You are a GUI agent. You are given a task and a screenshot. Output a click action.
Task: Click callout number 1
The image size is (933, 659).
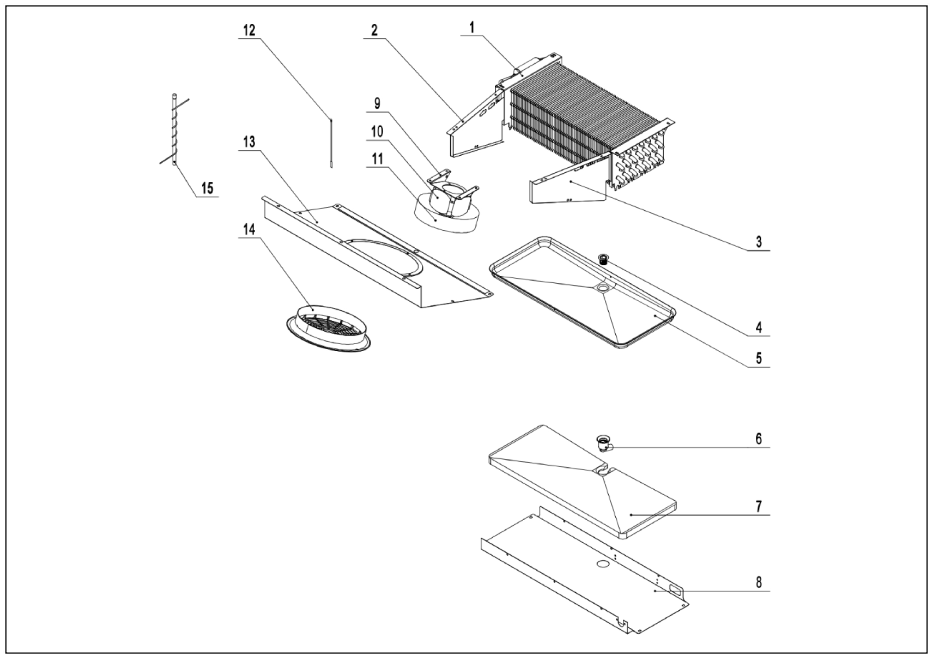tap(472, 28)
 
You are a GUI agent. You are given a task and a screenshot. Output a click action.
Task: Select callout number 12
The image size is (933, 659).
tap(249, 30)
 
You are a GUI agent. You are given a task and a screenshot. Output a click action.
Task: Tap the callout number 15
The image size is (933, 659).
tap(207, 188)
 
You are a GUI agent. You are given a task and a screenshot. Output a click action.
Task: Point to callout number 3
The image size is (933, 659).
tap(758, 242)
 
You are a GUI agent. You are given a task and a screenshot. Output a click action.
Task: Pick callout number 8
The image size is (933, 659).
tap(758, 582)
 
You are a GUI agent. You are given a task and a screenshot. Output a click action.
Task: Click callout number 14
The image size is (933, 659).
tap(249, 230)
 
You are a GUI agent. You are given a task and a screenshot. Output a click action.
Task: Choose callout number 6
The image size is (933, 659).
tap(758, 439)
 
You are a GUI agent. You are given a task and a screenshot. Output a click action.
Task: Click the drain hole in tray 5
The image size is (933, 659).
tap(602, 287)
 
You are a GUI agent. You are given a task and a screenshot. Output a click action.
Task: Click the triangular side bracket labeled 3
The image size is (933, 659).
tap(569, 183)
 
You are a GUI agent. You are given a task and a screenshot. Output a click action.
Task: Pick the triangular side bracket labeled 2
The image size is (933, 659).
tap(477, 130)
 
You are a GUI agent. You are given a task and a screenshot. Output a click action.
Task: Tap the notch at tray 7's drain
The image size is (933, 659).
tap(602, 471)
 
